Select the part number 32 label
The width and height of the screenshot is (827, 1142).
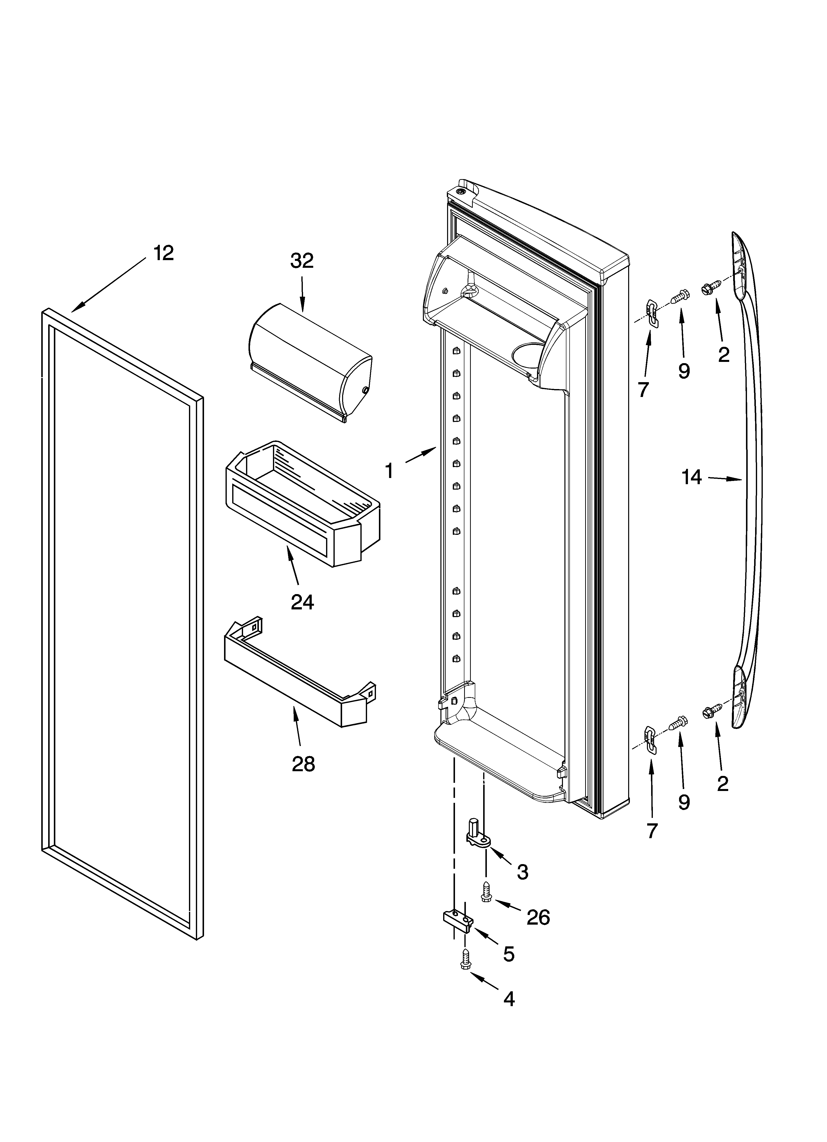pyautogui.click(x=302, y=261)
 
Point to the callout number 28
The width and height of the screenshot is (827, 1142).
pyautogui.click(x=303, y=764)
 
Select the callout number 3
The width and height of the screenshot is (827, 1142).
pyautogui.click(x=522, y=872)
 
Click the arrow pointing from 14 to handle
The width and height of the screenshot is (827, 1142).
pyautogui.click(x=725, y=479)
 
